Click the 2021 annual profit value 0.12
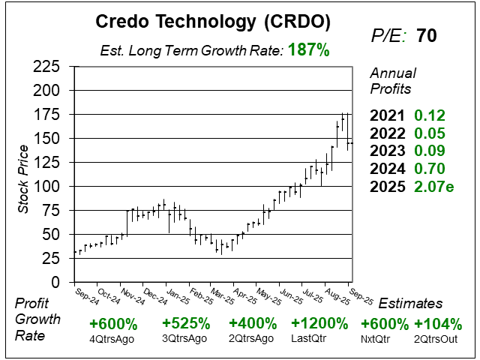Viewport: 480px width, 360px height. click(x=430, y=115)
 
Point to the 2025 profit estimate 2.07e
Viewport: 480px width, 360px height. click(x=434, y=184)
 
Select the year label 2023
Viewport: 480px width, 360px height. click(x=388, y=150)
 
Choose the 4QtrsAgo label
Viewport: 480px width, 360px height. click(x=113, y=339)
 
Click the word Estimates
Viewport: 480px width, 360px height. click(x=410, y=304)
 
